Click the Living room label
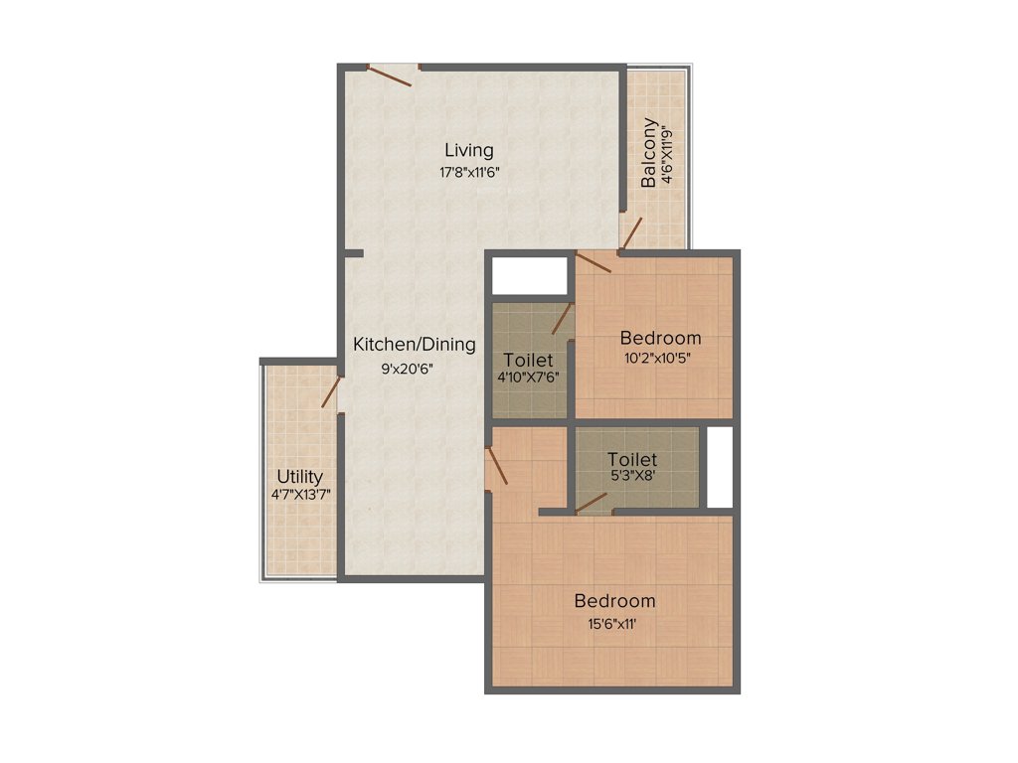(469, 151)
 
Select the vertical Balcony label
(649, 153)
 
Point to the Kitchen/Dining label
(415, 345)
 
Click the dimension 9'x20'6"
(408, 368)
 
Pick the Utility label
(299, 477)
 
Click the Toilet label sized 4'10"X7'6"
(528, 360)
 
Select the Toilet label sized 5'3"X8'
(632, 460)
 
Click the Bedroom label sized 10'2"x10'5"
(660, 338)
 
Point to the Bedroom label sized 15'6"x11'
(614, 601)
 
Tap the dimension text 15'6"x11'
(614, 624)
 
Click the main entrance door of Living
(391, 76)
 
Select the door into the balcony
(630, 235)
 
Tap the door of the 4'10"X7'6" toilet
(563, 319)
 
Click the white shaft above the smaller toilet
(530, 274)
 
